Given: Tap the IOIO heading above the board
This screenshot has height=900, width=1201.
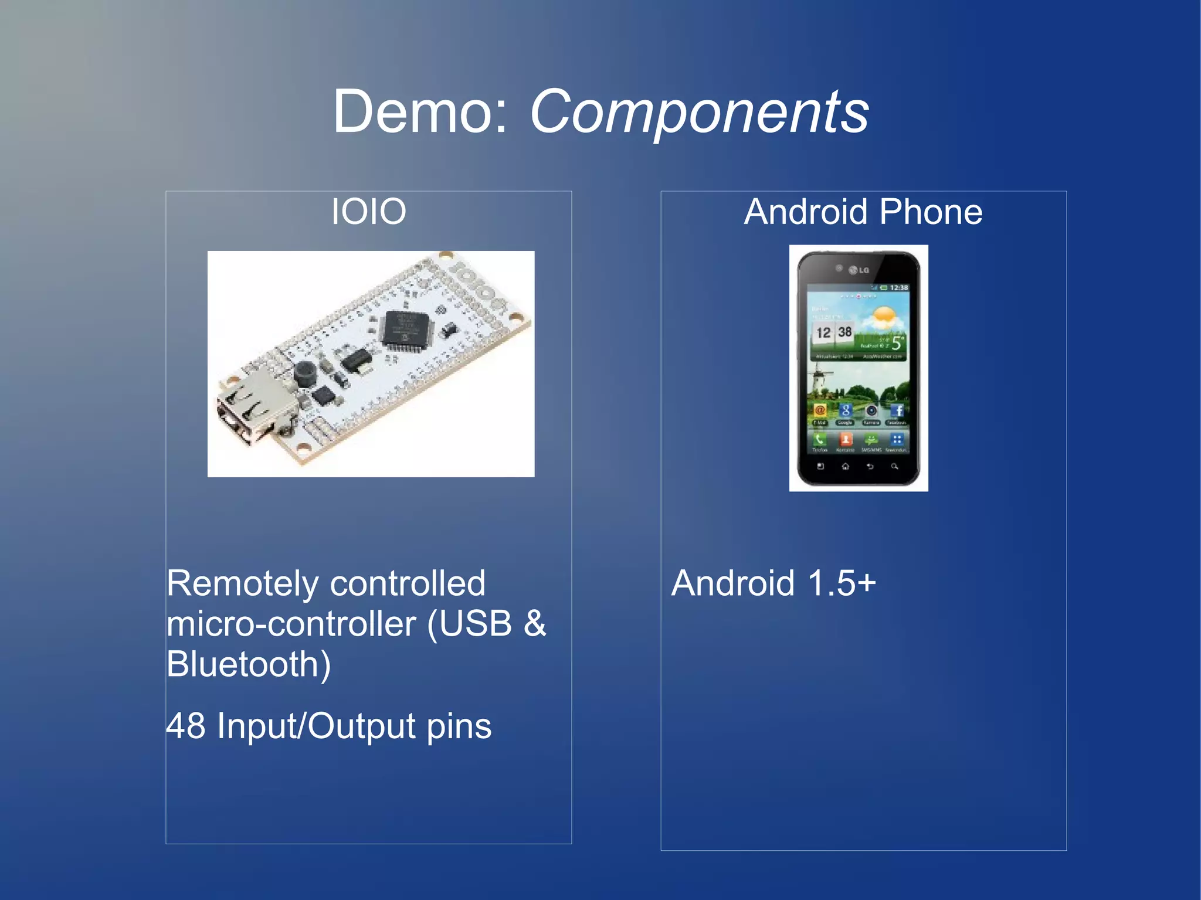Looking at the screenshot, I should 368,211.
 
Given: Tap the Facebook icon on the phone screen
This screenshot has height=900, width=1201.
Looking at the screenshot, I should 897,411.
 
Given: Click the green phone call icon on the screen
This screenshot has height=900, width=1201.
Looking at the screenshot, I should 820,439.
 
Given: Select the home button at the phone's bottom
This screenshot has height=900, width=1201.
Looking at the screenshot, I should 845,467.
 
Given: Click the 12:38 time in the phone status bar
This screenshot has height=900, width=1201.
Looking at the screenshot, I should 898,287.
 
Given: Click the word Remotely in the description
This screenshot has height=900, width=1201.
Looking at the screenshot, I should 242,584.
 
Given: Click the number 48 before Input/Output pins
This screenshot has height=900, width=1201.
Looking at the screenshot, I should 186,726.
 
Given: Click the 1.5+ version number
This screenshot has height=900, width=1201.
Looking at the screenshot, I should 842,584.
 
